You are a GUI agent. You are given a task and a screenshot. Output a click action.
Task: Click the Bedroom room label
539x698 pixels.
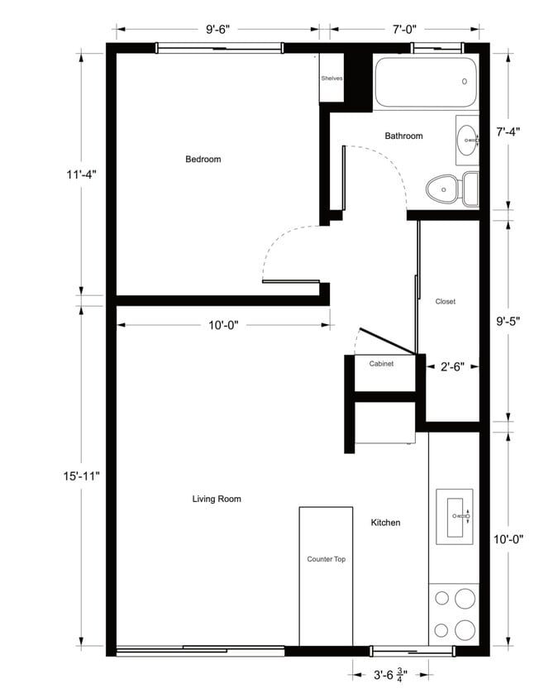pos(203,159)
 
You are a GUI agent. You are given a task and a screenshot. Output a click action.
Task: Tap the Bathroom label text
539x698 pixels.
pos(403,136)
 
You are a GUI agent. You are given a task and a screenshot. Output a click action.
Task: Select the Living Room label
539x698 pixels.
pos(217,499)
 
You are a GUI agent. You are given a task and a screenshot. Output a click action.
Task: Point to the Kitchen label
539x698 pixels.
pos(385,523)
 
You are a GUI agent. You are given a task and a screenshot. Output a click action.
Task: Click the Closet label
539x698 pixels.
pos(446,302)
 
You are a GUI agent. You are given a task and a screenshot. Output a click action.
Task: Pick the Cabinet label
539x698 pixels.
pos(381,363)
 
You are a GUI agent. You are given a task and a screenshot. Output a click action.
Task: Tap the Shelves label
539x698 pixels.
pos(332,79)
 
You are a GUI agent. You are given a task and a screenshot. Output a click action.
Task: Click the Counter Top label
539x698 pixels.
pos(326,559)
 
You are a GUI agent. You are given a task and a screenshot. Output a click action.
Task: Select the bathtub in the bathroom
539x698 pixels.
pos(426,82)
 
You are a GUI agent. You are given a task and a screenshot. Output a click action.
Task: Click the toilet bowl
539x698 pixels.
pos(443,189)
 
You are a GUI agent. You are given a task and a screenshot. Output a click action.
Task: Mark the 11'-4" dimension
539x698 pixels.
pos(81,174)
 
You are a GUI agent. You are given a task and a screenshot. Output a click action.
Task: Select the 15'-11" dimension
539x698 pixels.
pos(81,476)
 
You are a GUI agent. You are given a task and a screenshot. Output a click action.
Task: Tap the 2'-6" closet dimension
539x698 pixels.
pos(451,364)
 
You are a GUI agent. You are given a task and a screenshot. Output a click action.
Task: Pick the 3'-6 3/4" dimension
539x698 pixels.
pos(391,673)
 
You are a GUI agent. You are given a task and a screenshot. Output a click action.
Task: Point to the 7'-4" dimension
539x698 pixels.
pos(507,131)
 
